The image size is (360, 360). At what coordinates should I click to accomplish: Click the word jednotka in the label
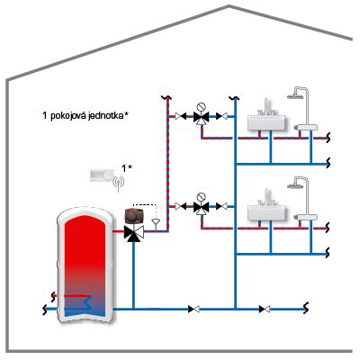tap(106, 116)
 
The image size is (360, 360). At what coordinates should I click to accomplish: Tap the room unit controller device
tap(103, 175)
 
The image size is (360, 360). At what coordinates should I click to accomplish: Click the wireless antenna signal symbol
tap(119, 183)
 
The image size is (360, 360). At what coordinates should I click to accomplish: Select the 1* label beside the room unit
tap(127, 168)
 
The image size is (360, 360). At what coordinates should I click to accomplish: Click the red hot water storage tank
tap(85, 264)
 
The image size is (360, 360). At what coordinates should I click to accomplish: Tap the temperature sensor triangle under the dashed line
tap(156, 222)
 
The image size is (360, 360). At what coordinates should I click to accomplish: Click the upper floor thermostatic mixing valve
tap(201, 117)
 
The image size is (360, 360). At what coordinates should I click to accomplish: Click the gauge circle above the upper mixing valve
tap(201, 106)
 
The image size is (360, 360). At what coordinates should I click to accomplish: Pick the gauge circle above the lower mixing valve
tap(201, 197)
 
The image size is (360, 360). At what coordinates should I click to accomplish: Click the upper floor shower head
tap(294, 96)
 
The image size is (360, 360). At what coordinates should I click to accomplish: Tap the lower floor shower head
tap(294, 186)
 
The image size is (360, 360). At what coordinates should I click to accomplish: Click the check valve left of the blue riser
tap(193, 309)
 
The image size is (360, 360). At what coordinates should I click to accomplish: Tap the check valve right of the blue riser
tap(265, 309)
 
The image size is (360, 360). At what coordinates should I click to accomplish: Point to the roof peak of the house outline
tap(229, 6)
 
